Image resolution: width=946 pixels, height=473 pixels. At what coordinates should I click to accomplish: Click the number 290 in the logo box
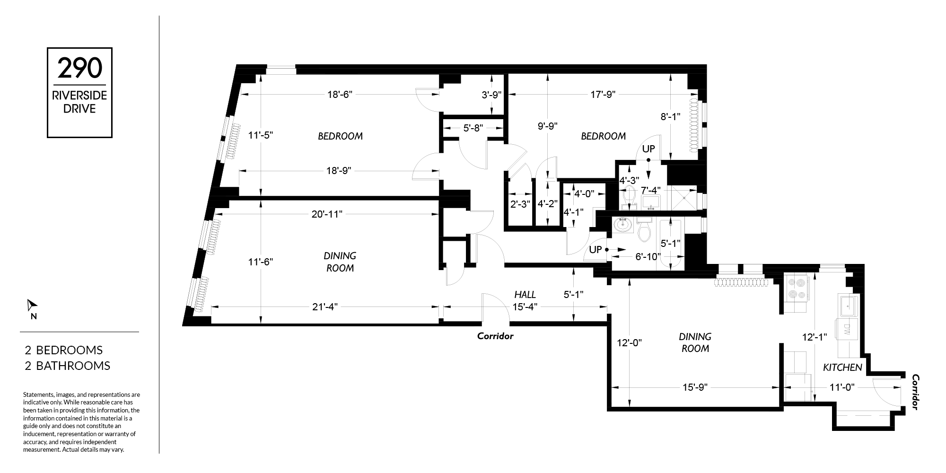79,68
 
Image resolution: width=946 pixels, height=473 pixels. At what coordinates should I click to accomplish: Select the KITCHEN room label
842,368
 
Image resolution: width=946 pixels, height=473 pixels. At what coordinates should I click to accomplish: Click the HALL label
525,295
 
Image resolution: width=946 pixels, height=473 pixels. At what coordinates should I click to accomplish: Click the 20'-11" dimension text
327,214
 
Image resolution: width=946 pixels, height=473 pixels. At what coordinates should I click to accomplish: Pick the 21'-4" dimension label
325,307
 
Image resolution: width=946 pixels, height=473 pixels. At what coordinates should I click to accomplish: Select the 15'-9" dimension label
694,387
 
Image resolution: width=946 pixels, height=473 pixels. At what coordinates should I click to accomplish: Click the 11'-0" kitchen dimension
842,387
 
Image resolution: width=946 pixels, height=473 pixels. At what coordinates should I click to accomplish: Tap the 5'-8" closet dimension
473,128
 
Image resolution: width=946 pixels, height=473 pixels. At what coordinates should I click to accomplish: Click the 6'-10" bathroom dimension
648,257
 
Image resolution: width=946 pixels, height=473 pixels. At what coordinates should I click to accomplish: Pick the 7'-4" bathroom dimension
651,190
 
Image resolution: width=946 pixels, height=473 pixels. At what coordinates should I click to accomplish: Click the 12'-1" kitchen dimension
815,337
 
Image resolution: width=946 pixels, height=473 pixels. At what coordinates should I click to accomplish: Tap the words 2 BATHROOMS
67,366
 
